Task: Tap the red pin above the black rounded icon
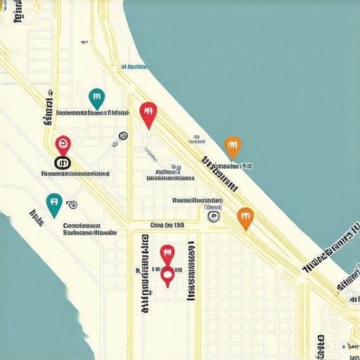tap(63, 145)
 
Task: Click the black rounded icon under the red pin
tap(63, 164)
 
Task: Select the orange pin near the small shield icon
tap(244, 217)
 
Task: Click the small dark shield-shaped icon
tap(212, 217)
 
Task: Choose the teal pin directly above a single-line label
tap(97, 98)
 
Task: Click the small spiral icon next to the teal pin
tap(72, 204)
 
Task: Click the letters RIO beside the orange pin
tap(246, 167)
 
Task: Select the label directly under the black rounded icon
tap(75, 172)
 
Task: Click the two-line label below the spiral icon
tap(90, 229)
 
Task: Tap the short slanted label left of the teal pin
tap(36, 215)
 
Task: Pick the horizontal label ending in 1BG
tap(167, 226)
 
